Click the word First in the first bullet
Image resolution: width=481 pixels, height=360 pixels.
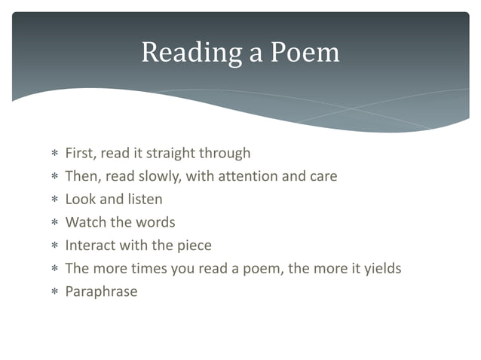coord(79,154)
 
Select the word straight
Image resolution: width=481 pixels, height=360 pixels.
coord(171,154)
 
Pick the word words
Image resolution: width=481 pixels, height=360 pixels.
coord(156,222)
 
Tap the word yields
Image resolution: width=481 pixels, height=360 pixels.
coord(381,268)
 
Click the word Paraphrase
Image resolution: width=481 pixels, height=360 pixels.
coord(101,291)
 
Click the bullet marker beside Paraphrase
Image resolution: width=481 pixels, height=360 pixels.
coord(54,292)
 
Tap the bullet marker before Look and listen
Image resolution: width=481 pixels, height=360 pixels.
coord(54,200)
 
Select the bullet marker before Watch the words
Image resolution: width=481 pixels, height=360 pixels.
coord(54,223)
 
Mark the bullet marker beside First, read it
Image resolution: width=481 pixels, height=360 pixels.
coord(54,154)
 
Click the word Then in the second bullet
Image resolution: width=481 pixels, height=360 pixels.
coord(81,176)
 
